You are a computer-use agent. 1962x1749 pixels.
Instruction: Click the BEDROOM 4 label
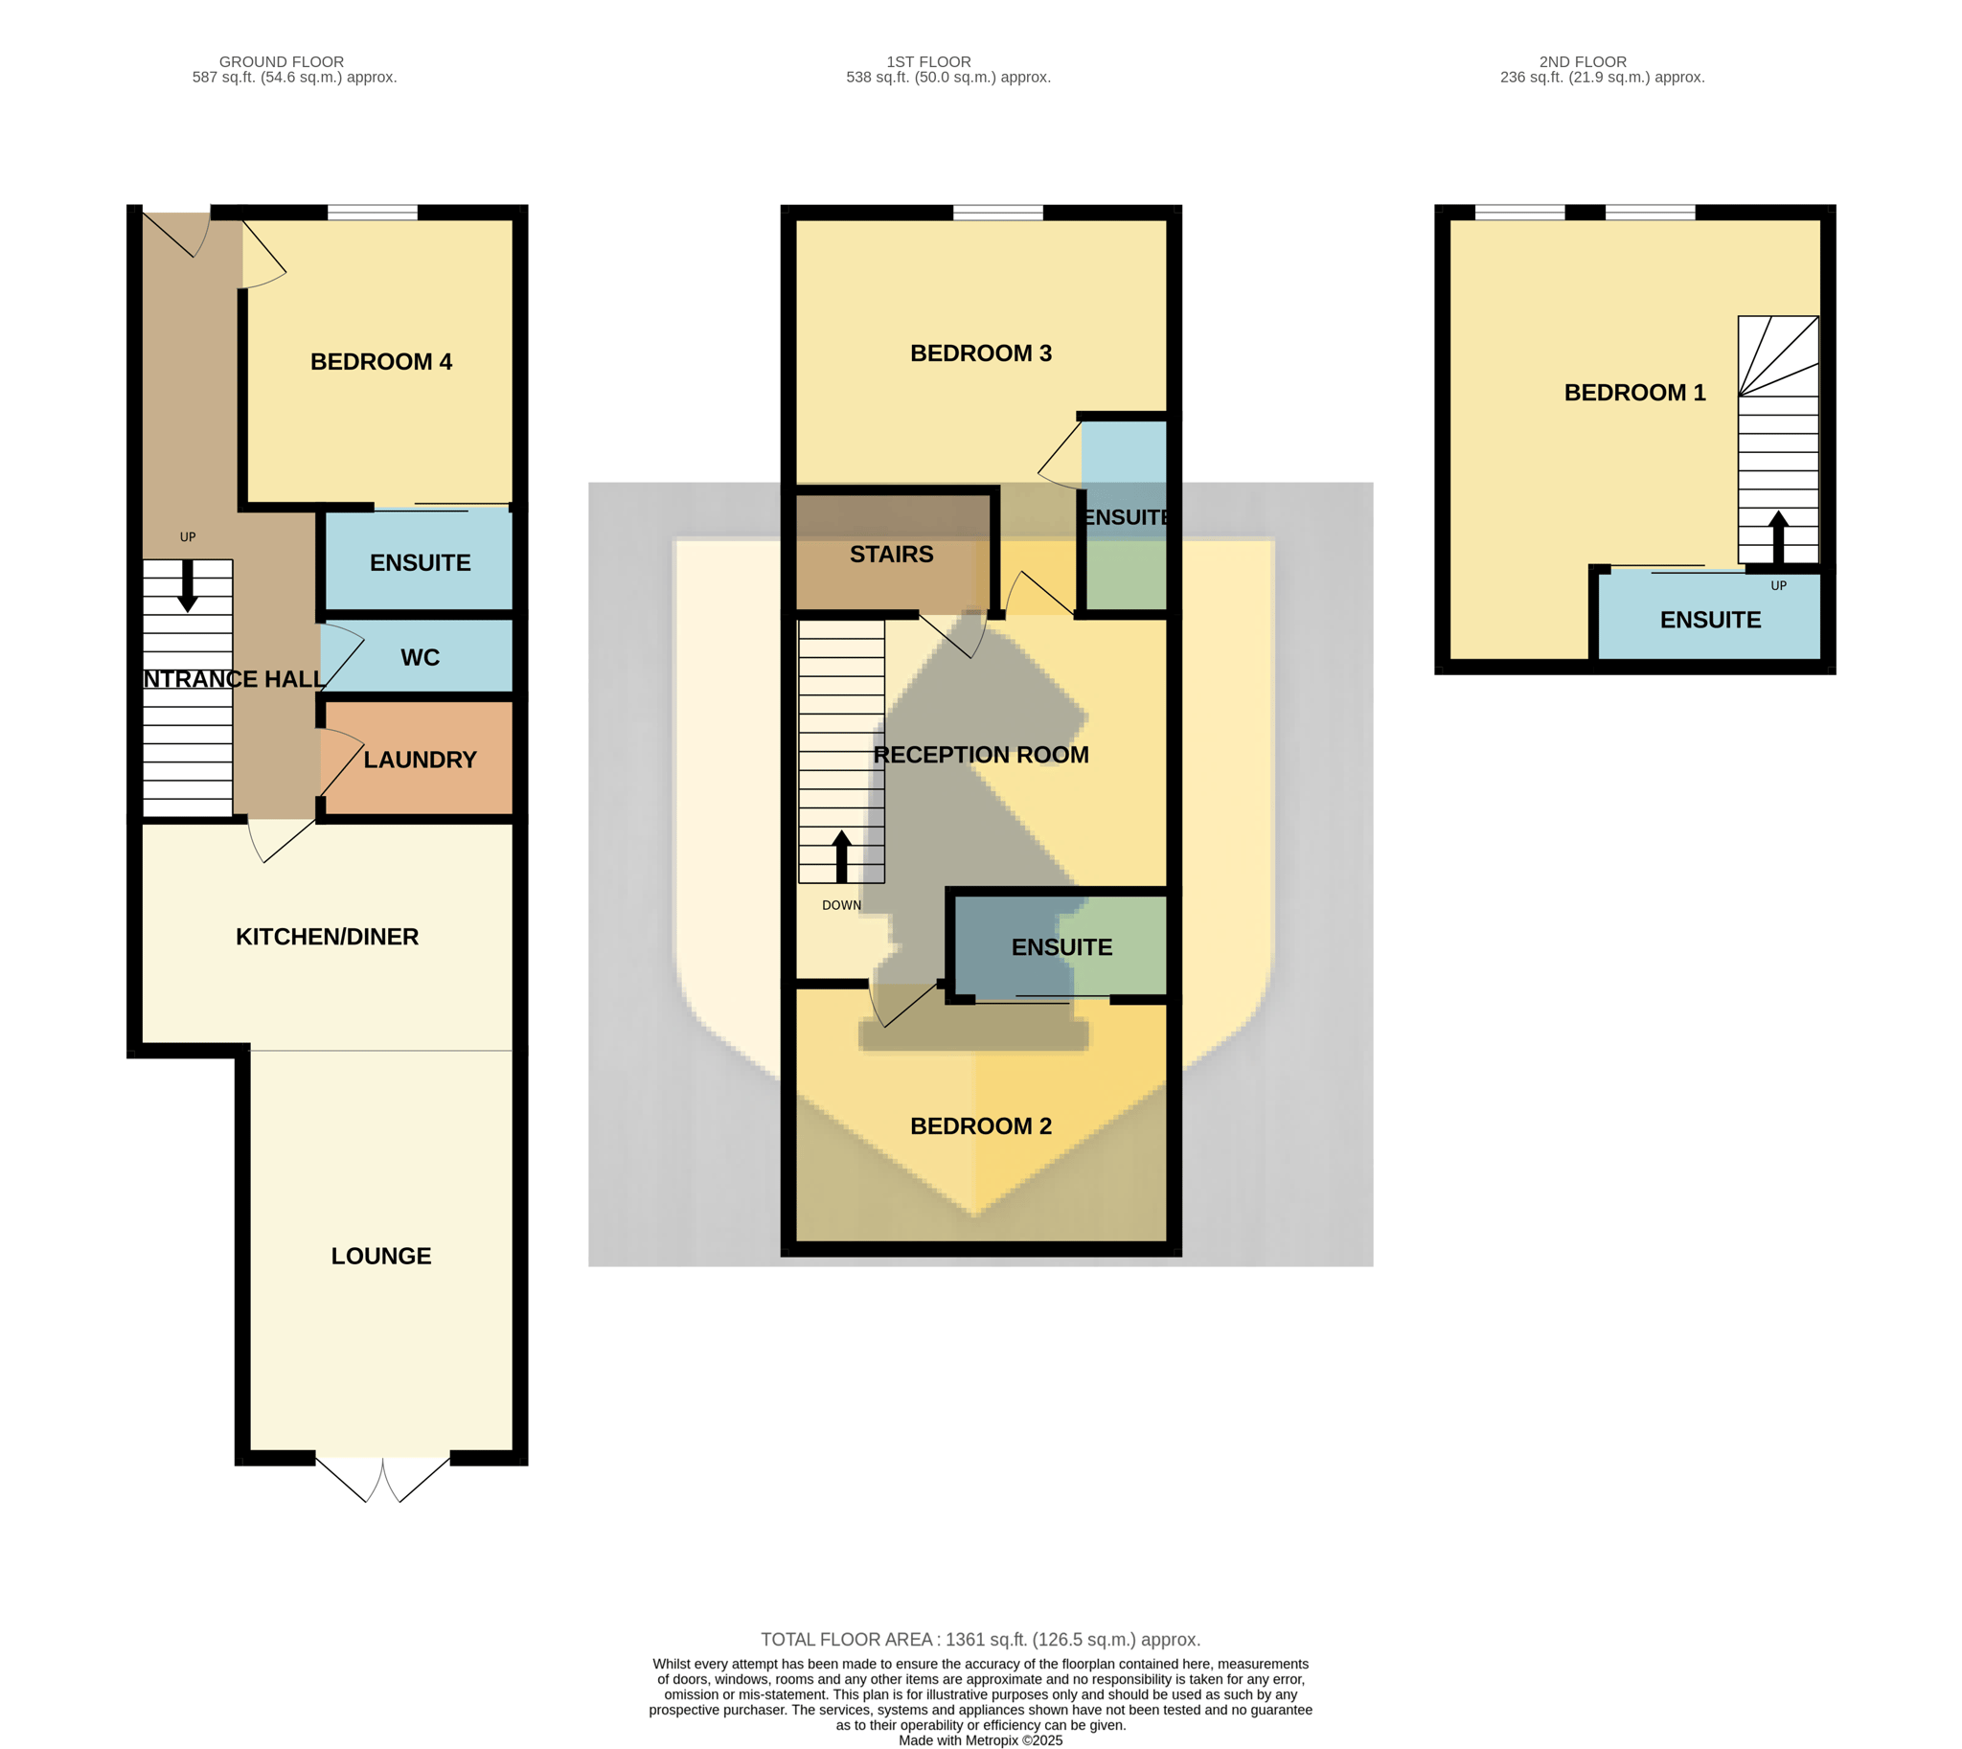[380, 362]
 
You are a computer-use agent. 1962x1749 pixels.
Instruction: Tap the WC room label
[420, 657]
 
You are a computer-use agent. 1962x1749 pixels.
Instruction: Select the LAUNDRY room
[420, 761]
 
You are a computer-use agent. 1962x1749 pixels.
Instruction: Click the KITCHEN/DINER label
[327, 937]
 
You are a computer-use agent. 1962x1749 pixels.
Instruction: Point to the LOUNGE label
[380, 1256]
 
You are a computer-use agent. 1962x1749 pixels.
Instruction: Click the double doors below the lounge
[382, 1479]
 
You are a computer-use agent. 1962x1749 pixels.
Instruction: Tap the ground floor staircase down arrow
[188, 585]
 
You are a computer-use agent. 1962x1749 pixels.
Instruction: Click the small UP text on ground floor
[188, 537]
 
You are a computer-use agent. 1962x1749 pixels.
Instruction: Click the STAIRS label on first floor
[891, 555]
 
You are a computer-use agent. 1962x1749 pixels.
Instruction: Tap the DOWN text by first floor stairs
[841, 905]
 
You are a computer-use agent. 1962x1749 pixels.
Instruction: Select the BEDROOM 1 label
[1634, 393]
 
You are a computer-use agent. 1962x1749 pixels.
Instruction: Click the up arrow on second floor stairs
[1777, 537]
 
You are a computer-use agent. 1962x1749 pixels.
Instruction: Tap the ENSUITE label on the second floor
[1710, 620]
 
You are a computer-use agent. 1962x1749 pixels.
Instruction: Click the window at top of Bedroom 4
[372, 213]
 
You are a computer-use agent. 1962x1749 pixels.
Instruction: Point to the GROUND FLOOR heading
[282, 61]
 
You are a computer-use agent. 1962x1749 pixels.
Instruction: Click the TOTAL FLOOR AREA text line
[980, 1640]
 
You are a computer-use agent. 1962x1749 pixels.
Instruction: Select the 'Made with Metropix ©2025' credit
[980, 1740]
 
